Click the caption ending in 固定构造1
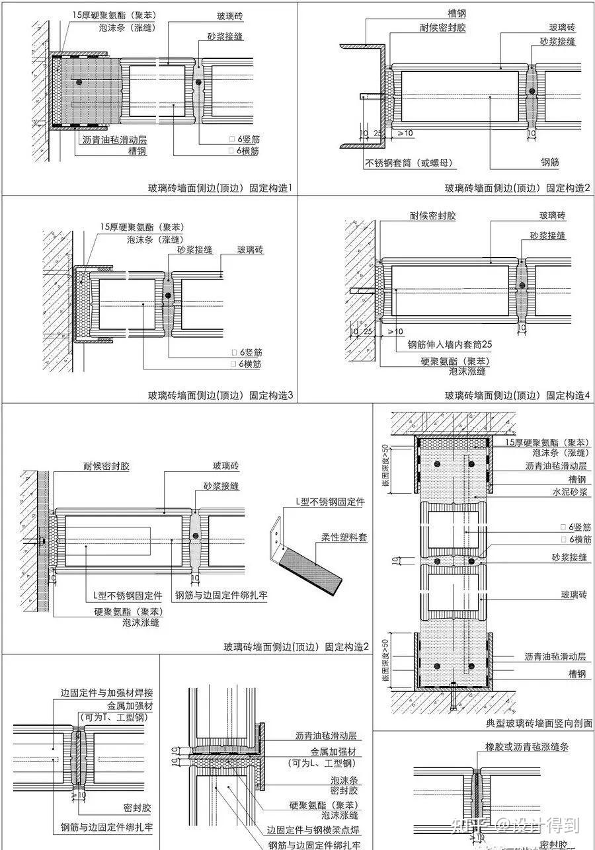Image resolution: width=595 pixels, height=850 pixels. coord(219,188)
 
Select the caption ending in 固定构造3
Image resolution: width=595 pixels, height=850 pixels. coord(219,396)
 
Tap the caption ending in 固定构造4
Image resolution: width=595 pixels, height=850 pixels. coord(517,396)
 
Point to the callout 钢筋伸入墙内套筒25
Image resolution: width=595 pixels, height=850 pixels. coord(450,344)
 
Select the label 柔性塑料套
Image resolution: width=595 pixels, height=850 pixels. coord(344,537)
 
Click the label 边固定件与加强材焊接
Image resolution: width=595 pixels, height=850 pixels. coord(106,693)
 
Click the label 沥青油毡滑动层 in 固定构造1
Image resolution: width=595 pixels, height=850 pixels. coord(114,140)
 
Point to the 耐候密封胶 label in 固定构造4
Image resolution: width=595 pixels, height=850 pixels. coord(433,216)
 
